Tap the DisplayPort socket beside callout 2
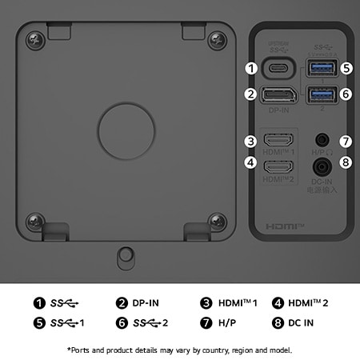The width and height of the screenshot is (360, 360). (x=279, y=95)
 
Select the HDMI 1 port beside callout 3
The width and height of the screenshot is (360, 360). (x=279, y=141)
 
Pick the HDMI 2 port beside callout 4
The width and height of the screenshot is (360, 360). (x=279, y=168)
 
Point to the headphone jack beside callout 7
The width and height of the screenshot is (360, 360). (x=323, y=141)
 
